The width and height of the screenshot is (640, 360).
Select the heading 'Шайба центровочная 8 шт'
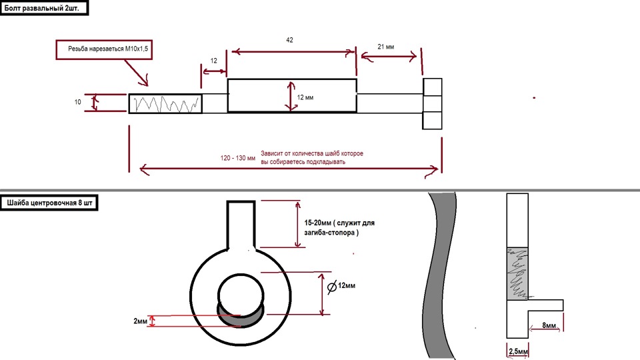click(x=50, y=201)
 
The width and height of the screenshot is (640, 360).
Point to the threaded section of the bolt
click(x=165, y=103)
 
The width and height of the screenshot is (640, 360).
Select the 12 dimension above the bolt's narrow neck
click(x=213, y=61)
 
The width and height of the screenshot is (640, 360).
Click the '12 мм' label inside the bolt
click(x=305, y=97)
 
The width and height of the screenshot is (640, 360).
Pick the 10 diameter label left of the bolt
click(x=77, y=102)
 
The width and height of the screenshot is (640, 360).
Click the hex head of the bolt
click(x=432, y=103)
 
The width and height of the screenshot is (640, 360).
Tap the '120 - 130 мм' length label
click(x=237, y=159)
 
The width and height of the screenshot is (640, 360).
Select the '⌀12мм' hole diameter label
click(x=342, y=286)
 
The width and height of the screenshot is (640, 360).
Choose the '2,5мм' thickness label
click(x=518, y=351)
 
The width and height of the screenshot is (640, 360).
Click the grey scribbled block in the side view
click(x=518, y=273)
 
